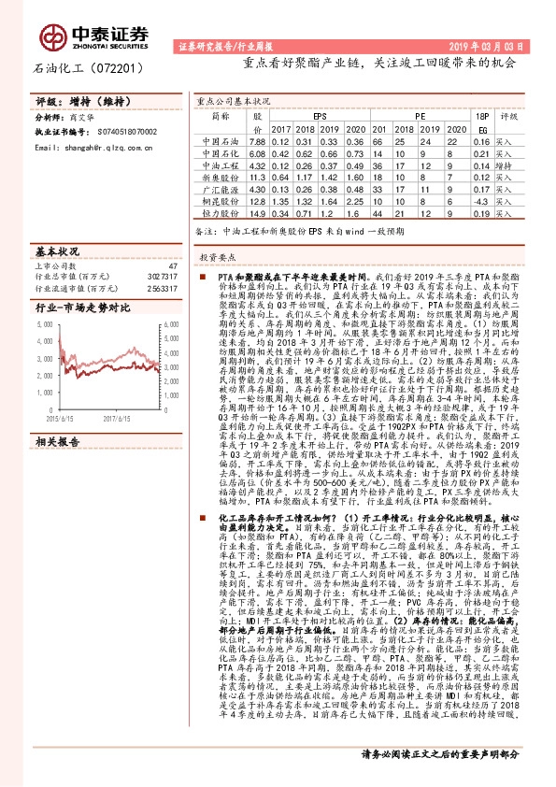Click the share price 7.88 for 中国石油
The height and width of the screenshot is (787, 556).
coord(258,140)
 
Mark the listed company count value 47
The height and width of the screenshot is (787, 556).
coord(171,266)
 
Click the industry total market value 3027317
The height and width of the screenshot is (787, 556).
coord(162,278)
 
